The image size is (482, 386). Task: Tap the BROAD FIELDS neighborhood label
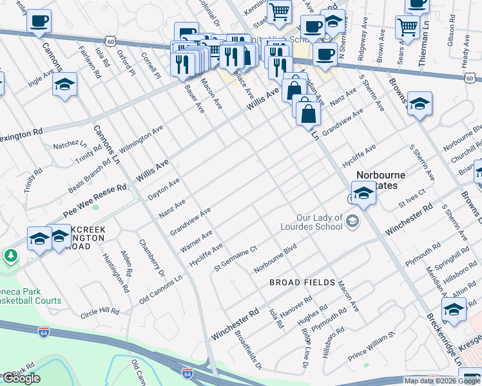click(302, 282)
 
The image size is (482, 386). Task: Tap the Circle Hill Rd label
click(100, 313)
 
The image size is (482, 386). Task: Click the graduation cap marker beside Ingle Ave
click(64, 86)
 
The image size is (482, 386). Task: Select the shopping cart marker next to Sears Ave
click(407, 27)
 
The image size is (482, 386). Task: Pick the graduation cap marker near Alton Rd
click(454, 309)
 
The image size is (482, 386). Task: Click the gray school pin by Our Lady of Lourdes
click(352, 222)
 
